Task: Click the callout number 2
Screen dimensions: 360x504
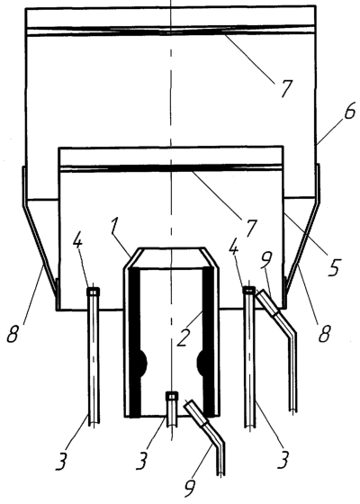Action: tap(183, 337)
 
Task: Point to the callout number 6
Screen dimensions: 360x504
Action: tap(349, 110)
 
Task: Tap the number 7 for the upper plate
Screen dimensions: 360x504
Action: tap(285, 87)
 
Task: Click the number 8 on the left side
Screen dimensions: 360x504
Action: tap(13, 333)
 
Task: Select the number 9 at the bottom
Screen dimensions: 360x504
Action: tap(192, 489)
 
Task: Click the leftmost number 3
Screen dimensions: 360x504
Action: tap(62, 460)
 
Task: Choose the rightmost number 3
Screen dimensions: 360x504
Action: tap(283, 459)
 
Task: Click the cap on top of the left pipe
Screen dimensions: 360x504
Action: tap(94, 292)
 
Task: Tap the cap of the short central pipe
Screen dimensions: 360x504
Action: tap(172, 396)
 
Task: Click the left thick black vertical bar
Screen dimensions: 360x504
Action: tap(135, 342)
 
